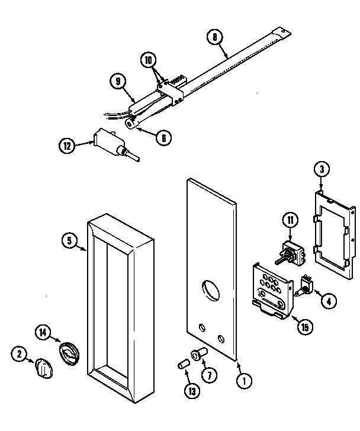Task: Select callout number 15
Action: pyautogui.click(x=303, y=326)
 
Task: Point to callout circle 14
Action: pyautogui.click(x=43, y=333)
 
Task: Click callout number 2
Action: pyautogui.click(x=20, y=354)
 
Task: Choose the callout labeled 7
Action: pyautogui.click(x=209, y=374)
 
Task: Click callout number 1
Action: pyautogui.click(x=241, y=382)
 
